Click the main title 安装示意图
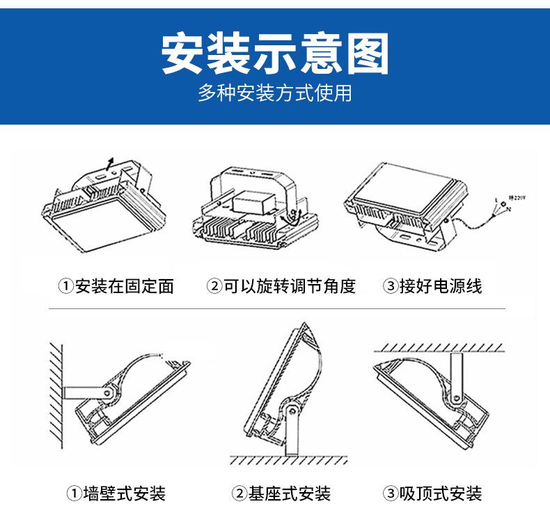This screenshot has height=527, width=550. click(274, 54)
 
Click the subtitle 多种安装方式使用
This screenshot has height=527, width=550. click(274, 93)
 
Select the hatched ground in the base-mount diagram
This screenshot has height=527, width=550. click(289, 460)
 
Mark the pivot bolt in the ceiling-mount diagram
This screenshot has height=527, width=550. click(455, 398)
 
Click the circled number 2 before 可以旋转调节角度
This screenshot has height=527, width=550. click(214, 286)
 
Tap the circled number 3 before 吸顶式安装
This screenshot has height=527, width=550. click(391, 494)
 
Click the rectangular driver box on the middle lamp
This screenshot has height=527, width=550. click(256, 203)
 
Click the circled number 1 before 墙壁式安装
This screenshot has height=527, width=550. click(74, 494)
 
